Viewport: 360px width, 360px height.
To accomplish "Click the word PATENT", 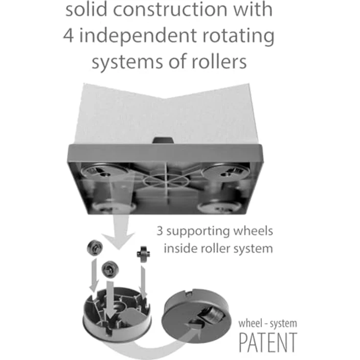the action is pyautogui.click(x=268, y=342).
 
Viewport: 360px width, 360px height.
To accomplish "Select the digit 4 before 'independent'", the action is pyautogui.click(x=68, y=36).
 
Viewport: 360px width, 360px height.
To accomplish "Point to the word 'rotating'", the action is pyautogui.click(x=238, y=37).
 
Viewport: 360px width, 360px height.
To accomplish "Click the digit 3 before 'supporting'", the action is pyautogui.click(x=159, y=231).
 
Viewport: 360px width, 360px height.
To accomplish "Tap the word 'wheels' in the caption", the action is pyautogui.click(x=253, y=230).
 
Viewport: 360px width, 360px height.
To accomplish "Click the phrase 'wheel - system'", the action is pyautogui.click(x=268, y=323).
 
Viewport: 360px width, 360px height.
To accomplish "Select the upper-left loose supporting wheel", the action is pyautogui.click(x=94, y=247).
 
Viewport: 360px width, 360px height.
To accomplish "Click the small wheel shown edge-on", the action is pyautogui.click(x=143, y=254).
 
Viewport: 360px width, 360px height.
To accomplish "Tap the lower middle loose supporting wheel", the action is pyautogui.click(x=110, y=269).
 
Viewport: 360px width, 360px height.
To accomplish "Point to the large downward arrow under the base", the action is pyautogui.click(x=119, y=232).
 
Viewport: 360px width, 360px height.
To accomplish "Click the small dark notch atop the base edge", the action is pyautogui.click(x=163, y=140).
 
